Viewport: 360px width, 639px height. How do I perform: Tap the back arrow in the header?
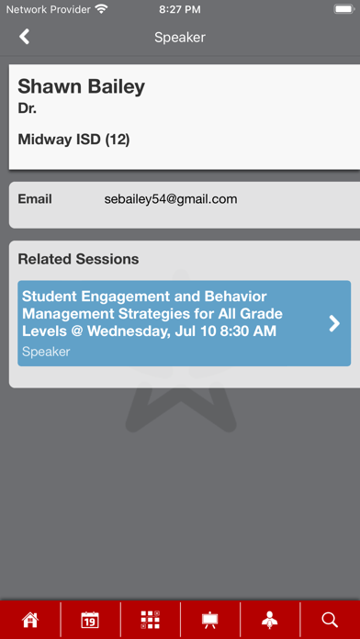25,37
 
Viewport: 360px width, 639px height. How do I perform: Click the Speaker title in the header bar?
180,38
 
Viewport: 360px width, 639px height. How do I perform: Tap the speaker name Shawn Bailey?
81,87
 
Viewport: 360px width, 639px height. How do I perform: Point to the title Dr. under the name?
27,108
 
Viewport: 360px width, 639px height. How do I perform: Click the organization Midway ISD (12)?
73,140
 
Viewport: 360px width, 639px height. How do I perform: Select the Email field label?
35,199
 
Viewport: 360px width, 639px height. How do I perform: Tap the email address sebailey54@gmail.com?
171,200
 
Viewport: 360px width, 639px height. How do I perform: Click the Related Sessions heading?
78,259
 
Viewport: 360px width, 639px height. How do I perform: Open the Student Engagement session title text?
152,314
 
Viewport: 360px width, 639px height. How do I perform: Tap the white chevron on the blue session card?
334,323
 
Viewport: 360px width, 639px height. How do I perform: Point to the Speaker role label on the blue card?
46,352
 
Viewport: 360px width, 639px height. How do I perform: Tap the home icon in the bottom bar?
30,620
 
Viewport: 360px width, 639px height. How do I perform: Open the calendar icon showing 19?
90,620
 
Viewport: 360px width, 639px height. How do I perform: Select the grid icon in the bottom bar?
150,620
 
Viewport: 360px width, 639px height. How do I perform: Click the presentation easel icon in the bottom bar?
210,620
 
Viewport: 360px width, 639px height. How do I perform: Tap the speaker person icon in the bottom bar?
270,620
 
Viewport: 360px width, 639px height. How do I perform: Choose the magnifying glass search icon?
330,620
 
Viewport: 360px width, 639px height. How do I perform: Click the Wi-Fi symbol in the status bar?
100,9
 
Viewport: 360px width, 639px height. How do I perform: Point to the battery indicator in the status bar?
343,9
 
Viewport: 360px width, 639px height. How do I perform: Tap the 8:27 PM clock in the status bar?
180,10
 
